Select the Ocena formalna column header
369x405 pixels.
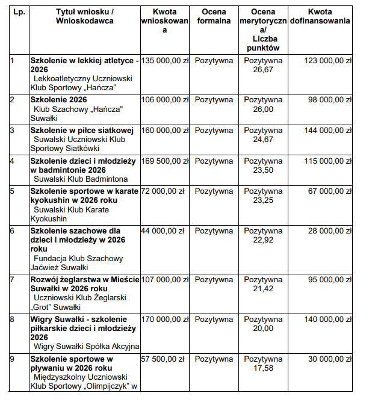click(214, 16)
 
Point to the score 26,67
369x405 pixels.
click(262, 70)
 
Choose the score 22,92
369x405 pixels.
click(262, 240)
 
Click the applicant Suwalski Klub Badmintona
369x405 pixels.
click(81, 179)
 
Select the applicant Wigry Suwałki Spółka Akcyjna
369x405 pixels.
click(87, 346)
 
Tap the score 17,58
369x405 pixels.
click(262, 368)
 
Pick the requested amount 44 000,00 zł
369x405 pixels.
click(163, 231)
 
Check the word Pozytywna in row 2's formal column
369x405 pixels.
click(214, 100)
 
